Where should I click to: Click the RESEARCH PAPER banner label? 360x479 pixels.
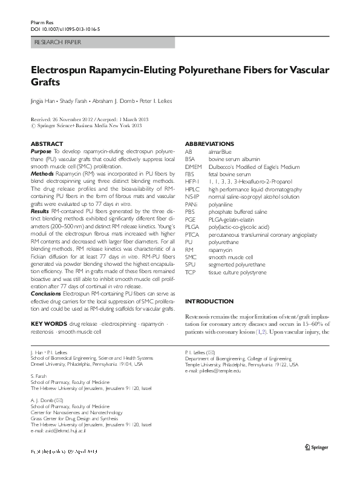(x=59, y=42)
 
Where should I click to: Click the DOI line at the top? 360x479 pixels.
(x=65, y=28)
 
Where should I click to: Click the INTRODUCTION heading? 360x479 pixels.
(x=209, y=301)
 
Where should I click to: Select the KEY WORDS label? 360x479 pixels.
(x=48, y=325)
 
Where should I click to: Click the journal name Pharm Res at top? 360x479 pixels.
(x=38, y=21)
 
